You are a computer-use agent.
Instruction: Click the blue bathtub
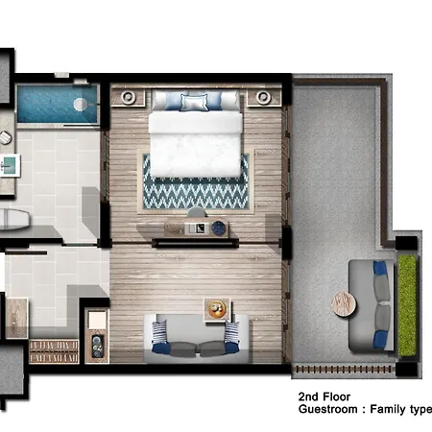click(57, 104)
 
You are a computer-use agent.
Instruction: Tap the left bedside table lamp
click(128, 96)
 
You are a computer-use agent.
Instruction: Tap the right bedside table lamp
click(263, 96)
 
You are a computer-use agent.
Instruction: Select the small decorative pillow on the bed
click(194, 103)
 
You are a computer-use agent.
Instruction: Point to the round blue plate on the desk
click(219, 228)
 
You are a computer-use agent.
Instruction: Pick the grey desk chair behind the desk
click(197, 212)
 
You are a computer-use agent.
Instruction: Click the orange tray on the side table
click(217, 309)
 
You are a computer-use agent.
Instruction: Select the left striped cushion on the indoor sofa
click(159, 333)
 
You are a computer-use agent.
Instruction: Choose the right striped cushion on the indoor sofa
click(231, 332)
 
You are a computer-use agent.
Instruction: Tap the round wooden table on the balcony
click(344, 304)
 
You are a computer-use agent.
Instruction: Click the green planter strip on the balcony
click(407, 305)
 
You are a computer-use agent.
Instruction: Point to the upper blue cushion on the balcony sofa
click(380, 269)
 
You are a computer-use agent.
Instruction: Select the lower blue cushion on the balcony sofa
click(380, 340)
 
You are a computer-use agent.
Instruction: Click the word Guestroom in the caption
click(328, 410)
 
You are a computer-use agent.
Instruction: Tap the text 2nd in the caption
click(308, 396)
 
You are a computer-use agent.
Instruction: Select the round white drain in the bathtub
click(80, 104)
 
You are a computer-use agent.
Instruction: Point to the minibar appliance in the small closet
click(97, 347)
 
